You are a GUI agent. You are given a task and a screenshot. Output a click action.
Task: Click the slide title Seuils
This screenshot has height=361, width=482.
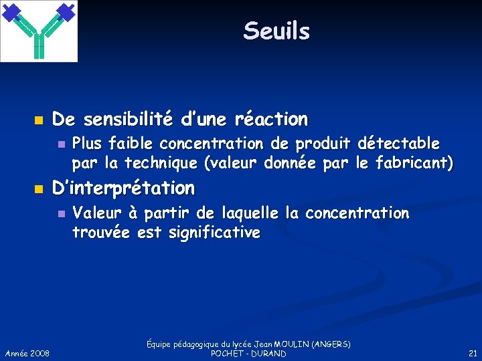point(276,31)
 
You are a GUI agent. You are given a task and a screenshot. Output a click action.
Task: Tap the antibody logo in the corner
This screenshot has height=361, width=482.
point(39,31)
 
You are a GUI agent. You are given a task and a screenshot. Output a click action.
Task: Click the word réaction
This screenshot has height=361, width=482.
point(271,120)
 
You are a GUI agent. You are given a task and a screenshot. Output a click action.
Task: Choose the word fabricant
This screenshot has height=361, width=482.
point(414,162)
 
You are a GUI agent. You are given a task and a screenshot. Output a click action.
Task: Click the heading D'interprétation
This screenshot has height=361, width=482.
point(123,188)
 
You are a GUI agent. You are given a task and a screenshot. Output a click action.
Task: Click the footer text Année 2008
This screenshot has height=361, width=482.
point(27,353)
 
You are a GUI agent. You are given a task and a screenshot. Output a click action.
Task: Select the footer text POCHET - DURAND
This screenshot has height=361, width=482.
point(248,353)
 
